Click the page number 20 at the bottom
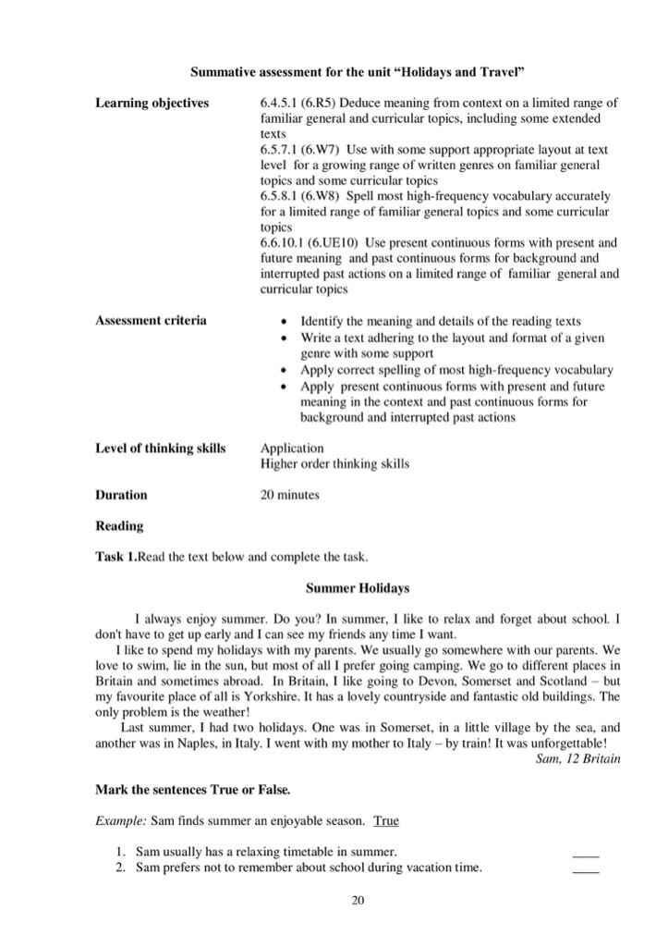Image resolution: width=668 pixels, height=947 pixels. pos(358,901)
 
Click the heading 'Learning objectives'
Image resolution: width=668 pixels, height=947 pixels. pos(152,103)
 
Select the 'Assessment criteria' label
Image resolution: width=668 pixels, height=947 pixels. pos(151,320)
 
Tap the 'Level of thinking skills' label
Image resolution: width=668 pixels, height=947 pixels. pos(160,448)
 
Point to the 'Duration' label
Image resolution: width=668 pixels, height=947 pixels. pos(121,495)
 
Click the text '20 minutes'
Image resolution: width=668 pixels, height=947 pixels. pos(289,495)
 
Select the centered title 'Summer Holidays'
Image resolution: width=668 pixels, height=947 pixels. pos(358,587)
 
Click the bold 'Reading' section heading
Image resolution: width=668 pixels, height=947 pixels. pos(119,526)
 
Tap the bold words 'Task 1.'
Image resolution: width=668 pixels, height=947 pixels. pos(115,557)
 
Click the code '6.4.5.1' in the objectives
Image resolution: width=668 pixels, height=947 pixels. pos(280,103)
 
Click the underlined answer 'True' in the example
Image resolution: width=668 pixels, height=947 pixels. pos(386,819)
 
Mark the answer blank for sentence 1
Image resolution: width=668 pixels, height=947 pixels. pos(585,853)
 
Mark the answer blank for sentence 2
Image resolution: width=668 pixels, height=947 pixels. pos(585,868)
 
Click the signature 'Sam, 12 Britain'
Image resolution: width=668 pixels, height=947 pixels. pos(577,759)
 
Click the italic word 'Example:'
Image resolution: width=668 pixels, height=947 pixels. pos(120,820)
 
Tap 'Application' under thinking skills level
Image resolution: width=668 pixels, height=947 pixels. pos(292,448)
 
